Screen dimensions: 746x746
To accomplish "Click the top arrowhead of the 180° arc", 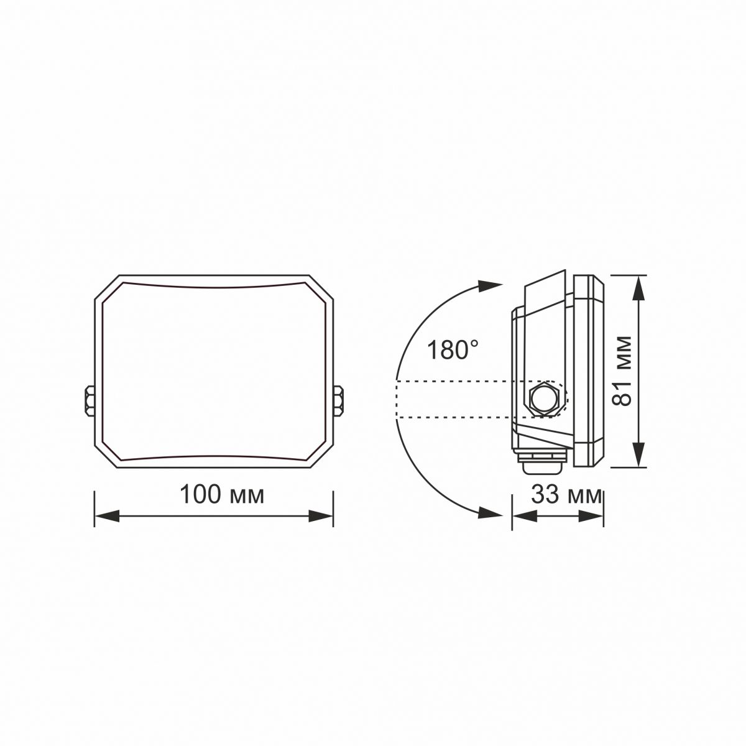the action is [490, 287].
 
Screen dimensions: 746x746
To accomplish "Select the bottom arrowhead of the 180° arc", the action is [490, 513].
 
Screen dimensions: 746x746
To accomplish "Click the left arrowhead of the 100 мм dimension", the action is [107, 515].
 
